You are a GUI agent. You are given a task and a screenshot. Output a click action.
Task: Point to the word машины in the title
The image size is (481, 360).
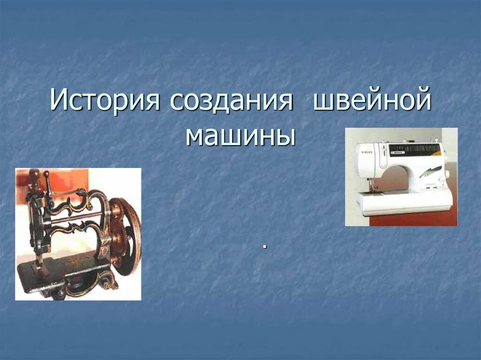coord(240,135)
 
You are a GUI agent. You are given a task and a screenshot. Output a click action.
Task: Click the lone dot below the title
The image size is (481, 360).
coord(265,246)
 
